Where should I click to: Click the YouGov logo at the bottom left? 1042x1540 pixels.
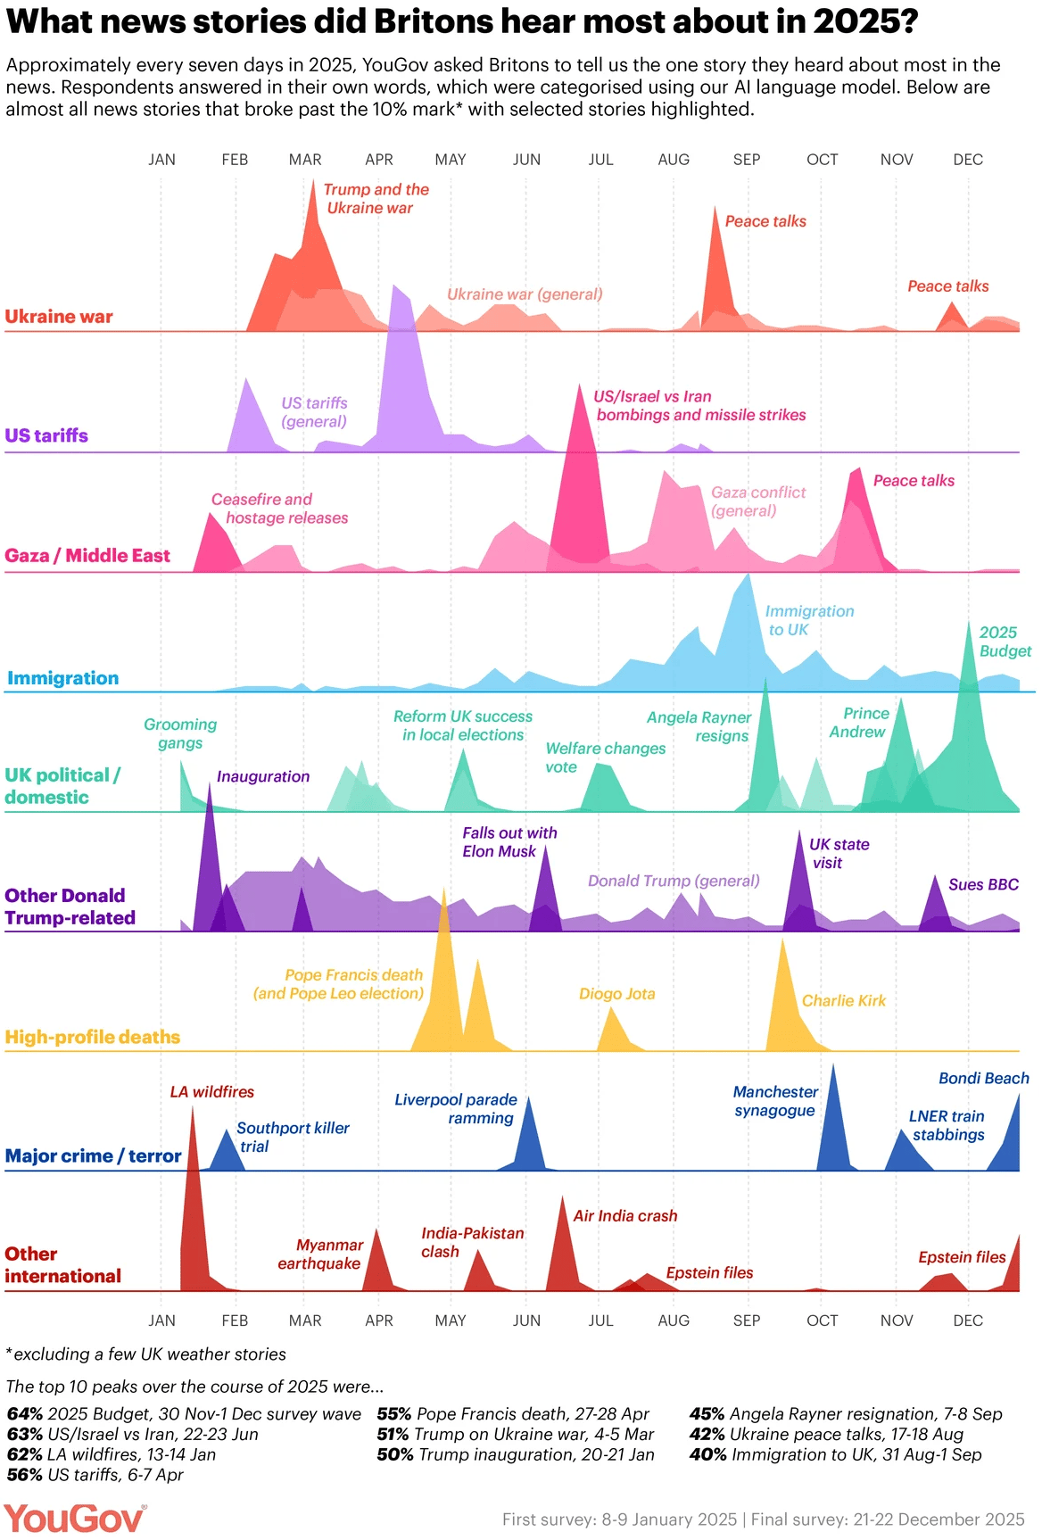(74, 1518)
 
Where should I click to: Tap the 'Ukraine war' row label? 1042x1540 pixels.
(59, 317)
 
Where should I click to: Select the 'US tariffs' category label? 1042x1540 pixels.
(46, 435)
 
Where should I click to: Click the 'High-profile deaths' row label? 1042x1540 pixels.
(93, 1037)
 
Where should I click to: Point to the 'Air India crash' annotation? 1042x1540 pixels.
(624, 1216)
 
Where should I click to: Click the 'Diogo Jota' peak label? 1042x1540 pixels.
(616, 994)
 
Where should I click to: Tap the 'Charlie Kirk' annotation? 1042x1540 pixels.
(843, 1001)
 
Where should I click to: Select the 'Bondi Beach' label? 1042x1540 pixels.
(983, 1079)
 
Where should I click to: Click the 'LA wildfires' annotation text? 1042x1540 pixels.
(212, 1092)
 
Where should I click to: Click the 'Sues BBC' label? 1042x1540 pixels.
(983, 885)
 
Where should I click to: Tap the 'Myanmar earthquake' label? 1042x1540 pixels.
(320, 1254)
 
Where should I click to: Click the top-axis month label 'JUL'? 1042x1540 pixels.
(600, 160)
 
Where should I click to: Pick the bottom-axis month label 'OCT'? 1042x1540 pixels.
(822, 1321)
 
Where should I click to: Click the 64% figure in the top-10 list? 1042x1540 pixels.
(25, 1414)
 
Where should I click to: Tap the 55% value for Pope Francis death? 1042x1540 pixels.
(394, 1414)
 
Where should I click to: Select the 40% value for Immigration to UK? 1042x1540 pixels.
(707, 1455)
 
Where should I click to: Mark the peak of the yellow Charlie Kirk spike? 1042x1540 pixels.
(782, 940)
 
